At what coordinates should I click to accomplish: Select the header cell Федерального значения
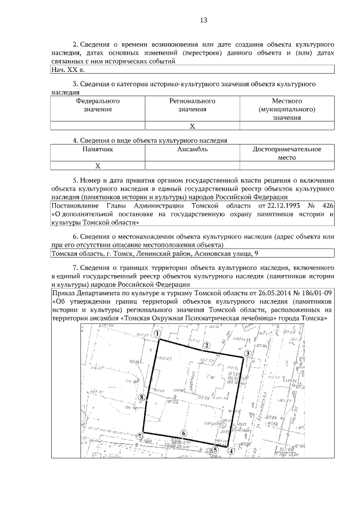click(98, 105)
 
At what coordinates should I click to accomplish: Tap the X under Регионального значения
click(192, 125)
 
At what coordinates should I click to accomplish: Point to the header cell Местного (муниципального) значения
click(287, 109)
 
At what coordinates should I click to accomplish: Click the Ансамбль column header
click(192, 150)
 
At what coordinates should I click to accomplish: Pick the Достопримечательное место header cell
click(287, 154)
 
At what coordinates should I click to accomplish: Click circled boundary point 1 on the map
click(159, 334)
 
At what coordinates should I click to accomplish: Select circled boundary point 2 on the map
click(206, 345)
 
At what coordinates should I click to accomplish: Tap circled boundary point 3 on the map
click(247, 354)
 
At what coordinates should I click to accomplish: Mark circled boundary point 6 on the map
click(183, 433)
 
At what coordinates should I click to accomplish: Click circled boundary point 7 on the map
click(140, 436)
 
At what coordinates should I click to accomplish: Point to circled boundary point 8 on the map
click(142, 397)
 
